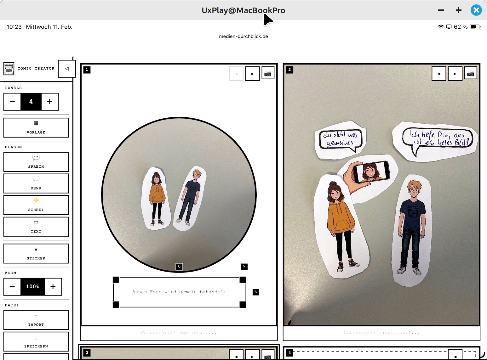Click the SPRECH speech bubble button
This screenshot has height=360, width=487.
click(36, 162)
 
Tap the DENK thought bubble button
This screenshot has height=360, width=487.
click(36, 183)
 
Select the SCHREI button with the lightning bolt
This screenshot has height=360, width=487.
click(36, 205)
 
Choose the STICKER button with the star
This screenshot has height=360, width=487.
click(36, 253)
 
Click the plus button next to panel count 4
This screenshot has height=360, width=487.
click(50, 102)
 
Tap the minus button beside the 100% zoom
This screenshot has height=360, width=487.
click(12, 286)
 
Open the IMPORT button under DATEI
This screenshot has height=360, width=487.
click(36, 320)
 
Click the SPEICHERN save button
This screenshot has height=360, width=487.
click(36, 341)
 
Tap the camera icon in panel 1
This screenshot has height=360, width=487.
click(268, 74)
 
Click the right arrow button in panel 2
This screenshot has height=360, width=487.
click(455, 74)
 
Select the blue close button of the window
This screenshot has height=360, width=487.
click(476, 10)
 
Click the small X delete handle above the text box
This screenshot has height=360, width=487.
click(244, 267)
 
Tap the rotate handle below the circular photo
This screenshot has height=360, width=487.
click(179, 267)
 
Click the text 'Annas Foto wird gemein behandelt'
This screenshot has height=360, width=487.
click(179, 292)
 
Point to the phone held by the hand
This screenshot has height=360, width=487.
click(371, 172)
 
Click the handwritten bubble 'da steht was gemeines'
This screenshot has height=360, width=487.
click(341, 139)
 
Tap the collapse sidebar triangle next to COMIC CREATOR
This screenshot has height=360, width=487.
click(67, 69)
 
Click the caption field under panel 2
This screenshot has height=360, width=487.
click(381, 333)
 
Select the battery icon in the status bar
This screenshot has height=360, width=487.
click(474, 27)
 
